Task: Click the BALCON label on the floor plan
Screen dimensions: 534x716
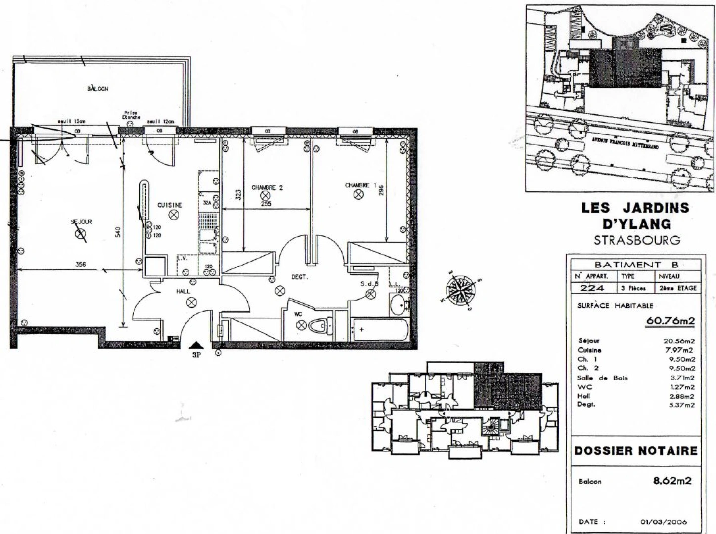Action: tap(97, 89)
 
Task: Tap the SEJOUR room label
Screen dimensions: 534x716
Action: tap(82, 222)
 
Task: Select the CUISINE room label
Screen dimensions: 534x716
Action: tap(170, 205)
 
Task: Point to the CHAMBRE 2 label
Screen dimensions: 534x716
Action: tap(267, 187)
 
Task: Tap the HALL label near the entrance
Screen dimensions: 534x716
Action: tap(183, 292)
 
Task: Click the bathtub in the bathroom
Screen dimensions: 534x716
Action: tap(379, 330)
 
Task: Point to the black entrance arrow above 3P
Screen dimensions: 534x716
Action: tap(196, 345)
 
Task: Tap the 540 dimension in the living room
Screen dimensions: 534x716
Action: tap(118, 232)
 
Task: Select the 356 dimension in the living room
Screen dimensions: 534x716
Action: tap(80, 265)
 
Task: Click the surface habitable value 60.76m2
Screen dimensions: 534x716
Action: tap(670, 321)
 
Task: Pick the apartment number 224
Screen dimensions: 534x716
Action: tap(592, 288)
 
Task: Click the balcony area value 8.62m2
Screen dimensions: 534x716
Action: tap(672, 480)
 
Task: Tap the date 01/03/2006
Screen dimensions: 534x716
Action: tap(664, 522)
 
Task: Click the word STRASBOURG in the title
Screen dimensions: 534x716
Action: tap(636, 240)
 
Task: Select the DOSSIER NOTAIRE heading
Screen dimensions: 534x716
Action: tap(635, 451)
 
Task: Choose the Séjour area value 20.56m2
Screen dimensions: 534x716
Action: tap(679, 341)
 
